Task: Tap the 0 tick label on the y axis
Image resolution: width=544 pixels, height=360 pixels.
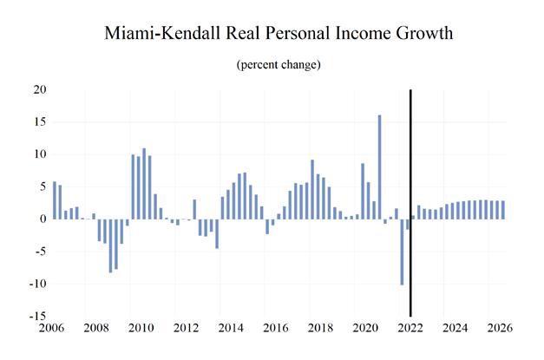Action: pos(40,219)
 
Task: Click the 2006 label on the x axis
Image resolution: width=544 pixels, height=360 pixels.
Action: pos(52,330)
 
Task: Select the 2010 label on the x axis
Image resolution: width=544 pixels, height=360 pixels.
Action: pos(141,330)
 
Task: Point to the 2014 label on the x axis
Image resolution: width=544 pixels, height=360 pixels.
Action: pos(231,330)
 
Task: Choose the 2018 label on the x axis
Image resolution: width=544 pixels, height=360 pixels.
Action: pos(321,330)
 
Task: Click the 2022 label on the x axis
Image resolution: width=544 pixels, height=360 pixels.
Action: pos(410,330)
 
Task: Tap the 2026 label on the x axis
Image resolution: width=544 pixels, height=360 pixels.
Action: pos(500,330)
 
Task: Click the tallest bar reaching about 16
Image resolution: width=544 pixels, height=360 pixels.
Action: pos(379,167)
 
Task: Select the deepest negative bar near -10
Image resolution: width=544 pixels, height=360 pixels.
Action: pos(402,252)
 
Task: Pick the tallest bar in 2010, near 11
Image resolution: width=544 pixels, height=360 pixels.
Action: pos(144,184)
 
